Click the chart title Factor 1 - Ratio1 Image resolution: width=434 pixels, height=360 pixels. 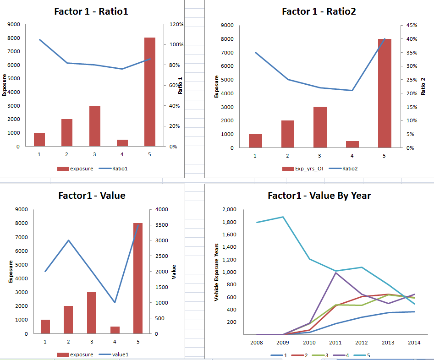click(91, 11)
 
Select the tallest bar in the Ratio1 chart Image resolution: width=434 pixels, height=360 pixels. click(150, 92)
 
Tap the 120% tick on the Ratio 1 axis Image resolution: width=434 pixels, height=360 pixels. click(177, 24)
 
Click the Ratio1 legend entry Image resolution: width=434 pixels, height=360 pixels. click(120, 169)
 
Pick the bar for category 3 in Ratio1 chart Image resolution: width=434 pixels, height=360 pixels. click(95, 126)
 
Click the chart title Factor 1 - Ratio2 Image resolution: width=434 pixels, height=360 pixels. click(319, 11)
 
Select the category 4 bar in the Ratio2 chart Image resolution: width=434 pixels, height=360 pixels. click(352, 144)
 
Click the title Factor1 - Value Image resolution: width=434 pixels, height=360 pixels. click(92, 196)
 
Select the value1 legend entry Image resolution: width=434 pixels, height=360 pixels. click(119, 355)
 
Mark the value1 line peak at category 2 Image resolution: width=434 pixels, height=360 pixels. click(68, 240)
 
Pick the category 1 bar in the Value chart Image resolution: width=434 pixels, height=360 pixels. click(45, 327)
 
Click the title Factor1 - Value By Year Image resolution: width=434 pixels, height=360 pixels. click(319, 196)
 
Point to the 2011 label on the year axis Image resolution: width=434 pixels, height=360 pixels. click(335, 342)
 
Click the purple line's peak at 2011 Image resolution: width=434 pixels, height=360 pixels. click(335, 273)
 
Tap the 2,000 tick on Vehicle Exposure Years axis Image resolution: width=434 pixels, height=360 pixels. click(229, 210)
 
